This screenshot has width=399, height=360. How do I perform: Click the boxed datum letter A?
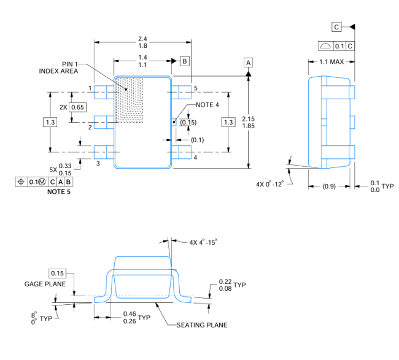tap(249, 63)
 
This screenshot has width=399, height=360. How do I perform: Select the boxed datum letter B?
tap(185, 61)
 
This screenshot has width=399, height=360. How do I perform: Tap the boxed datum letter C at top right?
tap(336, 27)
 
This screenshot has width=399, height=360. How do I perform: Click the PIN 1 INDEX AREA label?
tap(58, 67)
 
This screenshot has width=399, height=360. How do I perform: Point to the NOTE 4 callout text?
tap(207, 105)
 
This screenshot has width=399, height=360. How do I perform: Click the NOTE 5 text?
tap(59, 192)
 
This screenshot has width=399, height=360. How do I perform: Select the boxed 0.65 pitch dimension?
tap(77, 107)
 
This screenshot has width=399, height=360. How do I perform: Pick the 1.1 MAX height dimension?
tap(331, 62)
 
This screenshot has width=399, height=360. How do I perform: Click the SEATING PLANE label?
tap(202, 325)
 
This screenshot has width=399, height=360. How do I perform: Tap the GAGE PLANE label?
tap(45, 284)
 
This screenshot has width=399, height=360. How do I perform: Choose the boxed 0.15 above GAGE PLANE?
tap(57, 274)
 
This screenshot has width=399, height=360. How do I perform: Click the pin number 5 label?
tap(195, 88)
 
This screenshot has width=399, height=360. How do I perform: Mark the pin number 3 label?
tap(98, 164)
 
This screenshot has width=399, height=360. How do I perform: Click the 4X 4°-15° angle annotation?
tap(203, 242)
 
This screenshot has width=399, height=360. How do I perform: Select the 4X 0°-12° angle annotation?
tap(269, 184)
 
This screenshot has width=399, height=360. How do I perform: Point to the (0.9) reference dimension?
tap(329, 186)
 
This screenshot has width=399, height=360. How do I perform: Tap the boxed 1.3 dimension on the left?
tap(50, 122)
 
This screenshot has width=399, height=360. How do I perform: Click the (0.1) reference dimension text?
tap(198, 140)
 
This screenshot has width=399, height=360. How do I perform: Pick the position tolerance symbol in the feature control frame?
tap(21, 182)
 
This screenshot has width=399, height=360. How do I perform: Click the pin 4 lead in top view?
tap(182, 152)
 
